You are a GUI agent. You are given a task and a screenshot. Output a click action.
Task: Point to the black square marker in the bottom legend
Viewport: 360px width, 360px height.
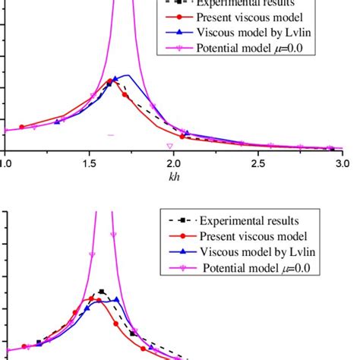(x=183, y=221)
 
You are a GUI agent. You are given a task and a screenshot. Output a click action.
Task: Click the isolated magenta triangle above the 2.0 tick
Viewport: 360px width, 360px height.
(x=170, y=145)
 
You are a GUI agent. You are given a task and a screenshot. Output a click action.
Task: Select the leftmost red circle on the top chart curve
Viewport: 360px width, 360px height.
(x=21, y=127)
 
